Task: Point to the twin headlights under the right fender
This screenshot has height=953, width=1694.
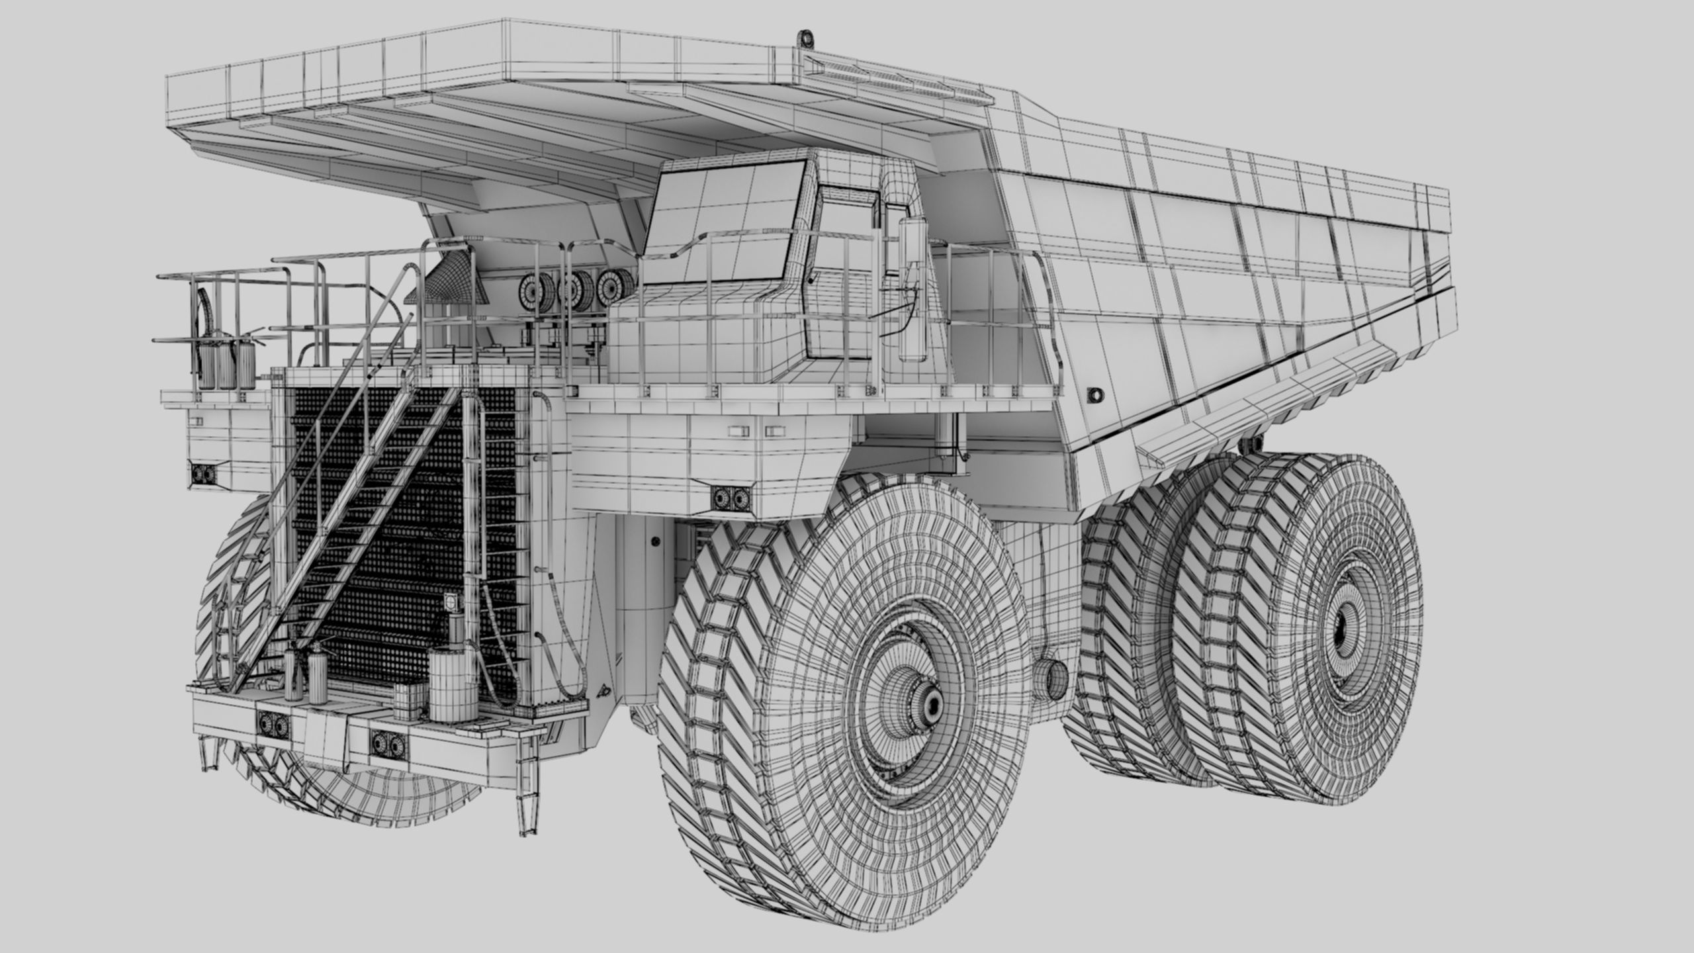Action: (x=732, y=498)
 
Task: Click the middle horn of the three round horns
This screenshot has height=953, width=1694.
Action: (x=570, y=287)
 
